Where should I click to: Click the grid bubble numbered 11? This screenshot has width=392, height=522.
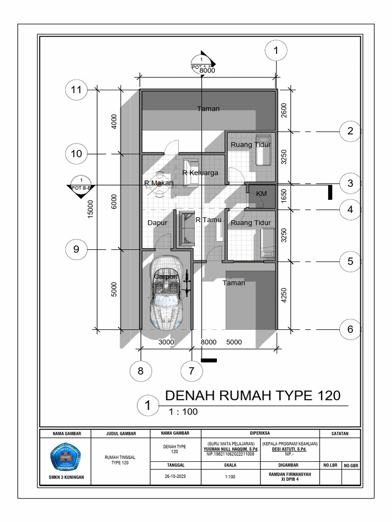pyautogui.click(x=76, y=90)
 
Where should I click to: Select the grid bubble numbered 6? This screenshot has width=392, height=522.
pyautogui.click(x=350, y=329)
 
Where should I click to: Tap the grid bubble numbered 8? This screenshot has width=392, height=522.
pyautogui.click(x=140, y=371)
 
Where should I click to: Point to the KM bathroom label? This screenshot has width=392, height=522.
pyautogui.click(x=261, y=194)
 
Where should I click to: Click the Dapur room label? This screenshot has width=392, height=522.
pyautogui.click(x=158, y=223)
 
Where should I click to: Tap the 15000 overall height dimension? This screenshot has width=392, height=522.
pyautogui.click(x=90, y=207)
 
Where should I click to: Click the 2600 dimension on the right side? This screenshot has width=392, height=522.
pyautogui.click(x=284, y=110)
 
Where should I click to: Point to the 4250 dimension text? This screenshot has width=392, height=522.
pyautogui.click(x=284, y=296)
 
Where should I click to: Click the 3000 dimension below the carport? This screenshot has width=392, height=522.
pyautogui.click(x=166, y=342)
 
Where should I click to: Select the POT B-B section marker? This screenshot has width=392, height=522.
pyautogui.click(x=81, y=184)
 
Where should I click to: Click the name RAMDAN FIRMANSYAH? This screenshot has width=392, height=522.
pyautogui.click(x=290, y=474)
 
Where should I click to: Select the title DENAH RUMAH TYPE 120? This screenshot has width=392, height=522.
pyautogui.click(x=253, y=396)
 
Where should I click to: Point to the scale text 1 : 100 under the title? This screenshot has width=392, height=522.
pyautogui.click(x=183, y=412)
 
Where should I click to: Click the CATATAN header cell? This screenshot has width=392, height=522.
pyautogui.click(x=339, y=434)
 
